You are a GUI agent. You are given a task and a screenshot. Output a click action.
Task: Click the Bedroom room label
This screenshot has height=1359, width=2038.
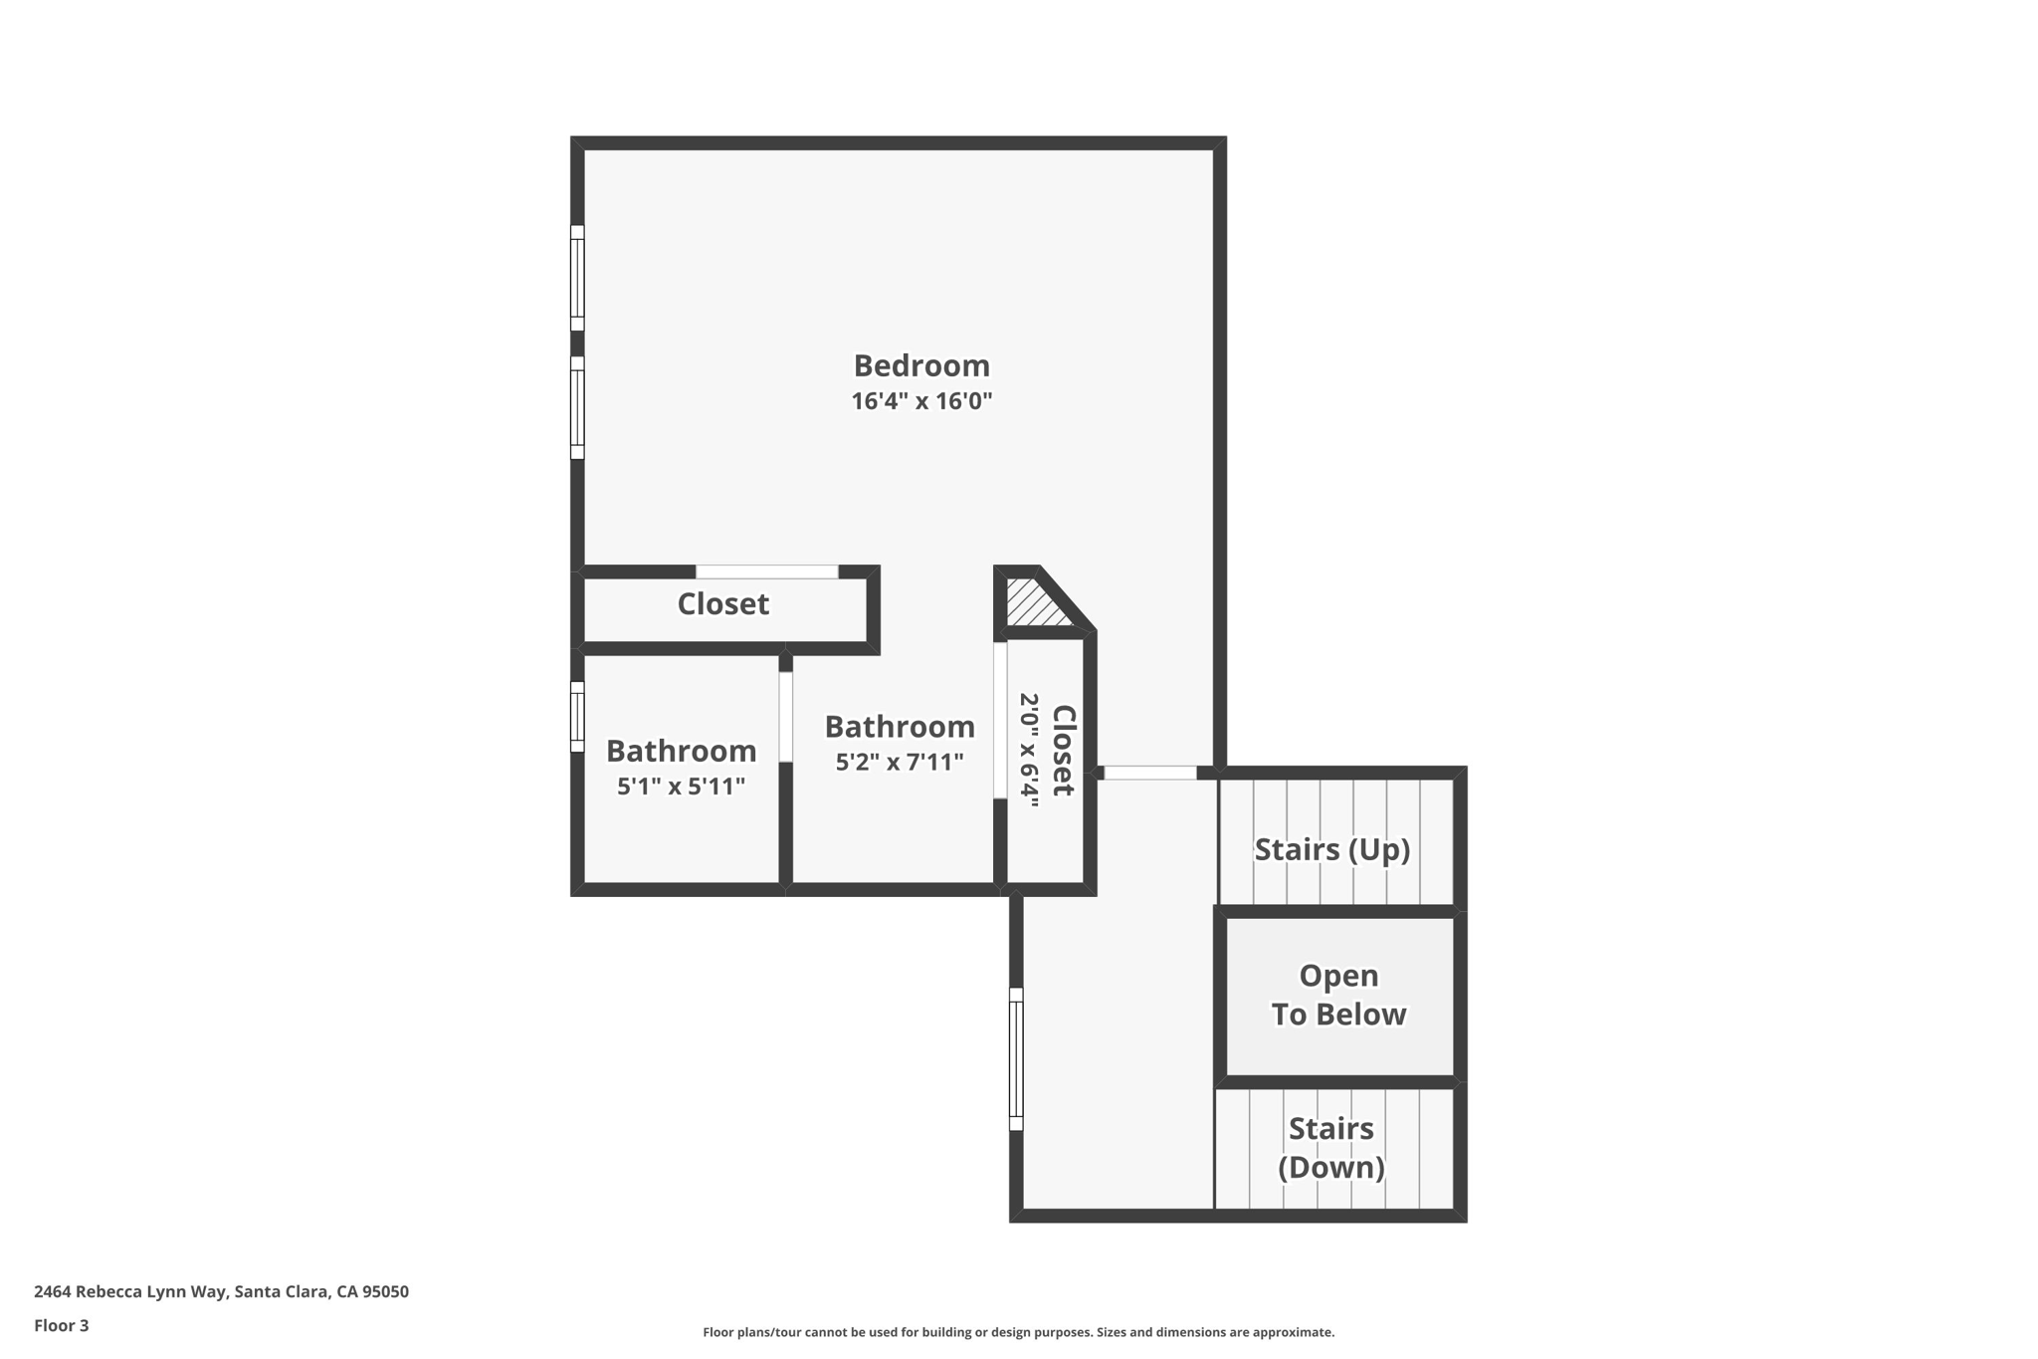tap(921, 365)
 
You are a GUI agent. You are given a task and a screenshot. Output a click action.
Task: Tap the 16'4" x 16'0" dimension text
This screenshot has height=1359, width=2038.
tap(921, 401)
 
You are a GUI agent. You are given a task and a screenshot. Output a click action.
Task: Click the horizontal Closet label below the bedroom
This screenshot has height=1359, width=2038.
tap(722, 604)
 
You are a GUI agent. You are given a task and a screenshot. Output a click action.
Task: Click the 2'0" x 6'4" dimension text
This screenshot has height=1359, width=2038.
tap(1029, 750)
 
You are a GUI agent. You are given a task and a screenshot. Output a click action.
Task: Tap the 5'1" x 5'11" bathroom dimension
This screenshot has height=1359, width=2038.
tap(681, 787)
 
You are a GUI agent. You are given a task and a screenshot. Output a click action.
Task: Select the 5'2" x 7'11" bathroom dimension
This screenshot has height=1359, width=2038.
tap(899, 763)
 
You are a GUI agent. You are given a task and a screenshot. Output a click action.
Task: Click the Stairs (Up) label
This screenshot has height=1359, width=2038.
tap(1331, 849)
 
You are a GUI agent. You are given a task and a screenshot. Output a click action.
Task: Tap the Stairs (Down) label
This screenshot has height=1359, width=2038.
tap(1330, 1147)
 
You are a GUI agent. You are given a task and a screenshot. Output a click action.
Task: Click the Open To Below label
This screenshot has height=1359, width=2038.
tap(1338, 995)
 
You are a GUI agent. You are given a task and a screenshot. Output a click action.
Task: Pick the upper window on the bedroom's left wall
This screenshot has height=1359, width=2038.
tap(577, 278)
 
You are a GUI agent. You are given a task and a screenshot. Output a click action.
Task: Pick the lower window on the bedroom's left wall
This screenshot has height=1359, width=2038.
tap(577, 408)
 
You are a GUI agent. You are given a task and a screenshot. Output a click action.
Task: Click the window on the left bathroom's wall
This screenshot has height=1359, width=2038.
tap(577, 717)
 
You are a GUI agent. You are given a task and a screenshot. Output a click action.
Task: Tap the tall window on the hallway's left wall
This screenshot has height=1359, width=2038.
tap(1016, 1058)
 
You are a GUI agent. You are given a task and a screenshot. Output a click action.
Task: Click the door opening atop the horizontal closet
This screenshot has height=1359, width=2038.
tap(766, 571)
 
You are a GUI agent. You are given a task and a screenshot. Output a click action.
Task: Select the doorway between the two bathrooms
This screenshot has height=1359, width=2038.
tap(785, 717)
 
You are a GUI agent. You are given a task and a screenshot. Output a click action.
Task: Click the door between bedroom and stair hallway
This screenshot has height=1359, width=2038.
tap(1149, 773)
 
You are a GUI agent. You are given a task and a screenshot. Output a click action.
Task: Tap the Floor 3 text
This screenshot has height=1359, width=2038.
tap(62, 1325)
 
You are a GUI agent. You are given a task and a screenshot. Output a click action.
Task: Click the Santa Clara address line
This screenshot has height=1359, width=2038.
tap(221, 1291)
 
